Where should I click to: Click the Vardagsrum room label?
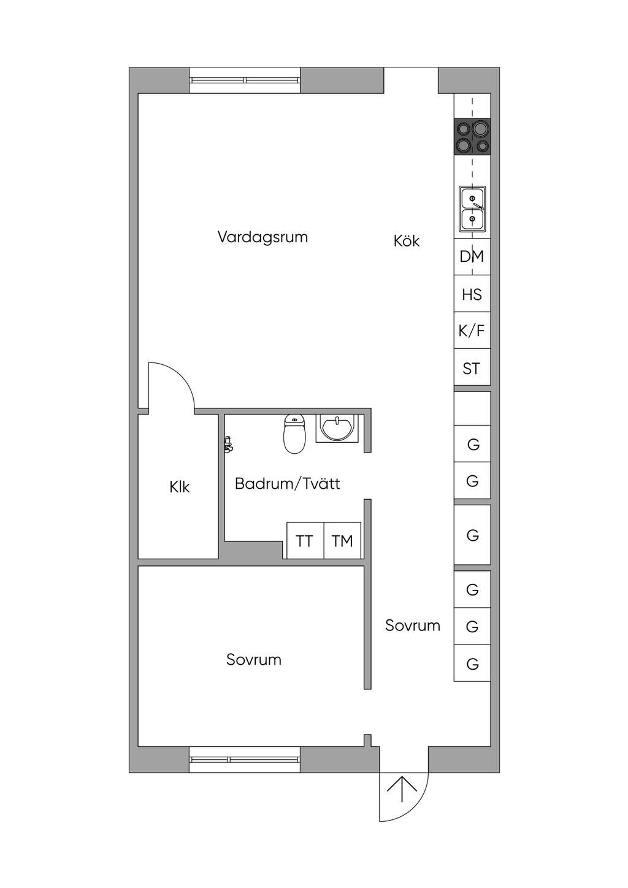[262, 237]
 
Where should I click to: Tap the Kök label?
[407, 240]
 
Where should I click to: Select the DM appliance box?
[472, 256]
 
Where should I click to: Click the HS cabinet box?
[472, 294]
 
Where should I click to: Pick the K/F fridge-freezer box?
[472, 330]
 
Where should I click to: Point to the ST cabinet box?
[472, 367]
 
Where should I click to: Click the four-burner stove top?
[472, 136]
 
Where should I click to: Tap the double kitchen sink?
[472, 209]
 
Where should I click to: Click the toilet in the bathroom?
[294, 434]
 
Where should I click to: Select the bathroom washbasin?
[337, 428]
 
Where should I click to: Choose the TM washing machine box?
[343, 541]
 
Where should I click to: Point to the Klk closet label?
[180, 487]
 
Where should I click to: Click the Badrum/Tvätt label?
[288, 484]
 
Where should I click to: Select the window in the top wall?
[245, 80]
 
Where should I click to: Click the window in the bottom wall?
[245, 760]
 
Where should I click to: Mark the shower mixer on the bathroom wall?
[228, 444]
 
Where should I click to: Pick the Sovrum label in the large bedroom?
[254, 660]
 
